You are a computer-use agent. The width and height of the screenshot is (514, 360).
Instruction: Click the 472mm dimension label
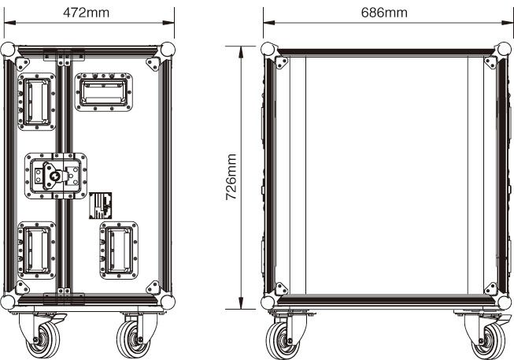coord(86,13)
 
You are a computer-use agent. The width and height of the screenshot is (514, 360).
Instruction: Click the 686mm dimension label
coord(384,13)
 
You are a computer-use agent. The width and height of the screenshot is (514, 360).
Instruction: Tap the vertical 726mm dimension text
coord(231,177)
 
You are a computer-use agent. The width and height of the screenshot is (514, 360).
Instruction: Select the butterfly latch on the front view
coord(56,176)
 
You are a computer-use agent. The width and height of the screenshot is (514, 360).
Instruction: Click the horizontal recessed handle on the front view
coord(104,92)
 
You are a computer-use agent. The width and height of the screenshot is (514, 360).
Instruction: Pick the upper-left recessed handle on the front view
coord(36,102)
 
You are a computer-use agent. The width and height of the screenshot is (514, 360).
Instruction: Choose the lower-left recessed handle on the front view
coord(36,251)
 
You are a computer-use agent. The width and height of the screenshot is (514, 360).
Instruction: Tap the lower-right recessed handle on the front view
coord(119,251)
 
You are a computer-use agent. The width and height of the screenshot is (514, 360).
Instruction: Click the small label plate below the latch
coord(100,206)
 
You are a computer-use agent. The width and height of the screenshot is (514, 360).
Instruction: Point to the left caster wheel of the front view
coord(43,340)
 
